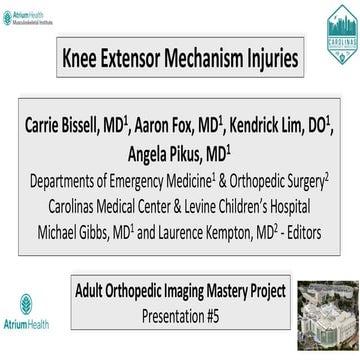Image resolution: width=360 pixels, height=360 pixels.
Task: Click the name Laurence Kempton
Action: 211,227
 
